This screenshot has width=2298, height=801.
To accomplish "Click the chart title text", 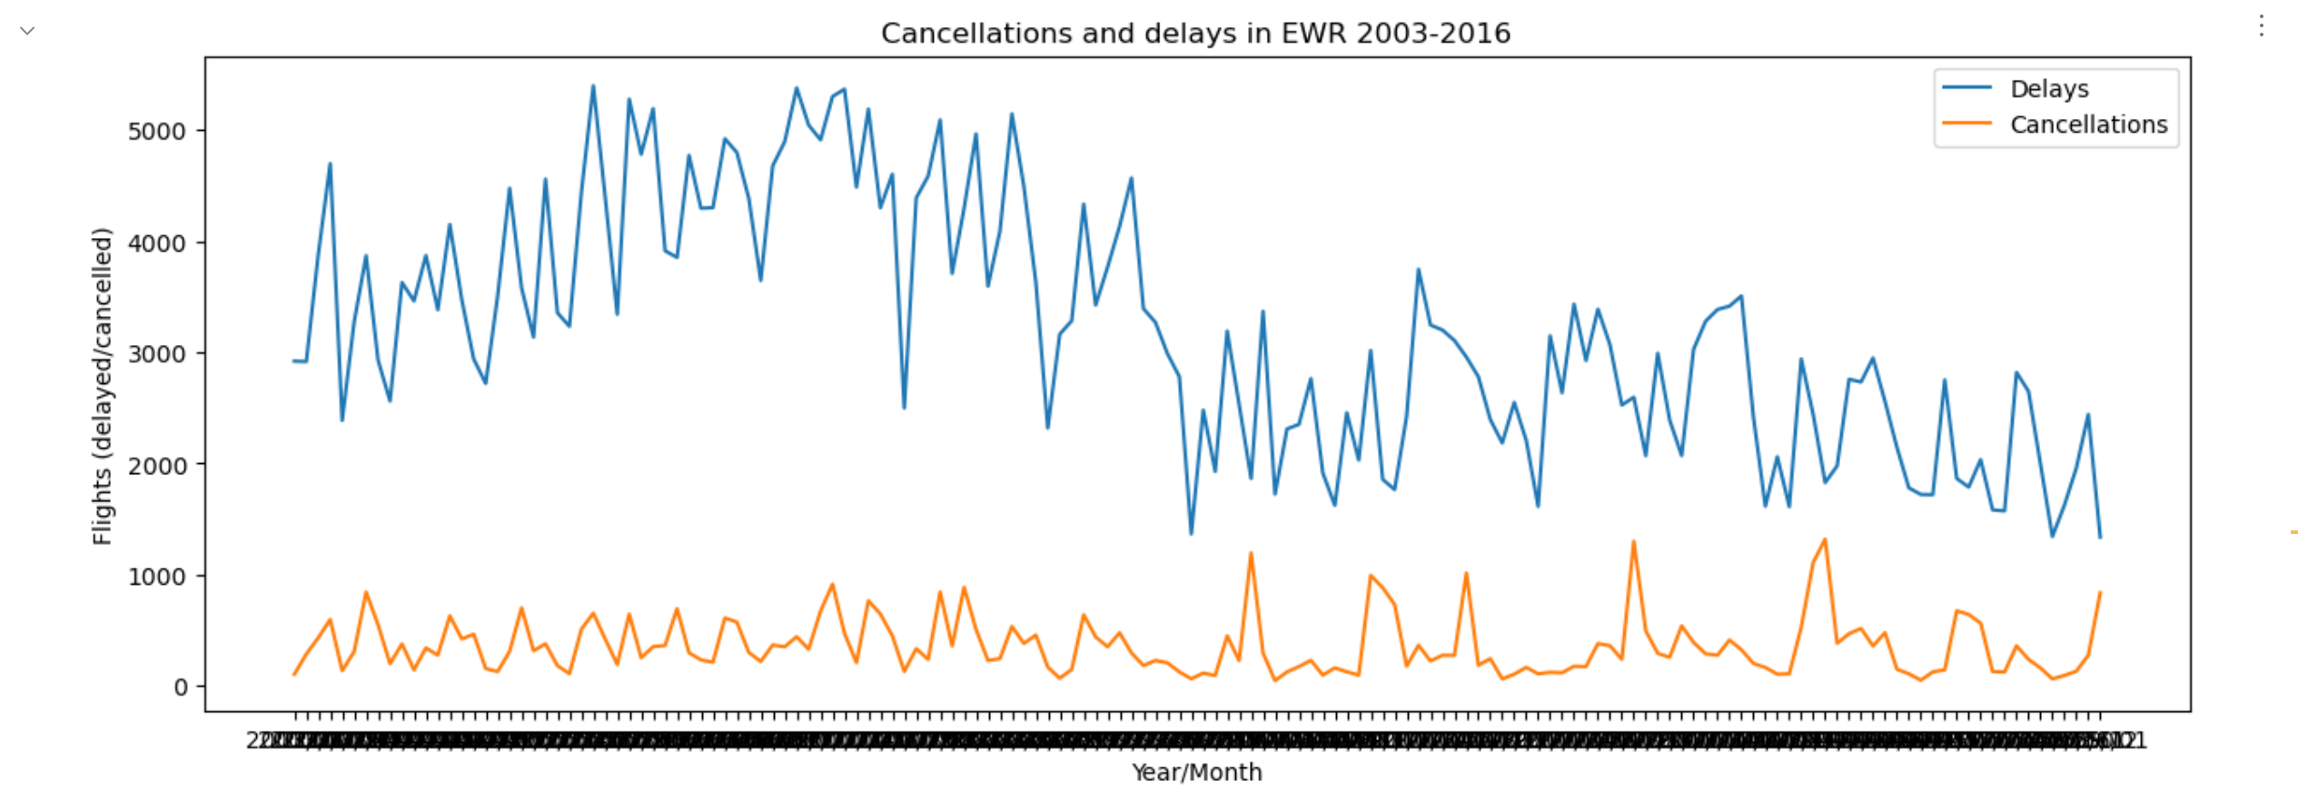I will [1195, 34].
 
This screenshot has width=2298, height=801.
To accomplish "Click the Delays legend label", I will [2048, 89].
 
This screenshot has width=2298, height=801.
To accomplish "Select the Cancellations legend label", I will [2087, 124].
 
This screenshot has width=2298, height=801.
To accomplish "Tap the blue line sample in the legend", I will [1966, 88].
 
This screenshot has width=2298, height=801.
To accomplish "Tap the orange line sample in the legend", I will [1966, 124].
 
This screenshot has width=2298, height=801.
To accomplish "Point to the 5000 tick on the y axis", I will [156, 132].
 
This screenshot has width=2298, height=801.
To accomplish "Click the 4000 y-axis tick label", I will [156, 243].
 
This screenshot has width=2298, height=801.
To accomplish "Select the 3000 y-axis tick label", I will [156, 354].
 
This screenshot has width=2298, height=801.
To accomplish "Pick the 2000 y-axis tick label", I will [156, 466].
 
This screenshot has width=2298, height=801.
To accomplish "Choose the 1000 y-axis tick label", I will [156, 577].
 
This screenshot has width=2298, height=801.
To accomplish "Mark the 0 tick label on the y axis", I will [181, 687].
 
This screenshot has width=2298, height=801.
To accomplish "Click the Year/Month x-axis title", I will [1195, 772].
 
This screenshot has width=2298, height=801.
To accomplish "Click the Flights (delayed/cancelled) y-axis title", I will [102, 386].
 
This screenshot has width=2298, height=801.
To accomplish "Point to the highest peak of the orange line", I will [1825, 539].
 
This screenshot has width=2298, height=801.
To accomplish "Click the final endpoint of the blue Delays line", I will [2100, 538].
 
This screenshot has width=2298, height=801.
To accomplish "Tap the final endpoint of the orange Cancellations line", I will [2100, 592].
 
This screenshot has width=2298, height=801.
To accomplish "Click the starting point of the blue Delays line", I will [293, 361].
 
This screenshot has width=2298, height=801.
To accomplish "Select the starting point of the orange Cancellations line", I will [293, 674].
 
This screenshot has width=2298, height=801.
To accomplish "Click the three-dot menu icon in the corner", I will [2261, 26].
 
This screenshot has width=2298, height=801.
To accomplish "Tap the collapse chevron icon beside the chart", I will [27, 31].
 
